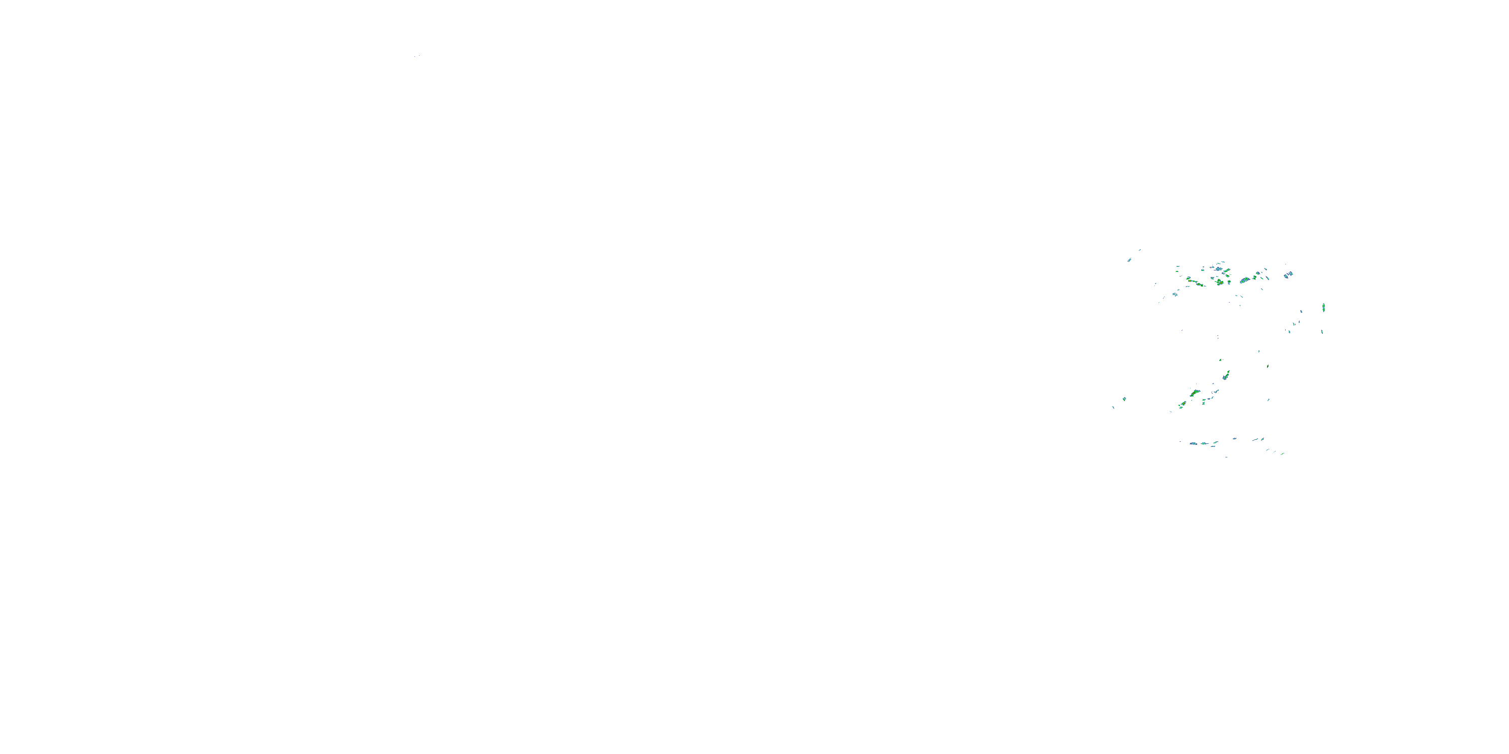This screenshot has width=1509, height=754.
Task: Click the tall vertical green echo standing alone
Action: pyautogui.click(x=1323, y=307)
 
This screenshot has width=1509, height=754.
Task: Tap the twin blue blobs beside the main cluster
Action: pyautogui.click(x=1288, y=274)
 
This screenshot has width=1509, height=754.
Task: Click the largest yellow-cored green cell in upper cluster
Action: pyautogui.click(x=1220, y=282)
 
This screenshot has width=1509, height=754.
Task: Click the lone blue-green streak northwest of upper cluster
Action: pyautogui.click(x=1129, y=259)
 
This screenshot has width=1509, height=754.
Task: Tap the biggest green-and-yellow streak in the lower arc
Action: pyautogui.click(x=1195, y=393)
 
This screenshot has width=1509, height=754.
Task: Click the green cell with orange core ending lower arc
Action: pyautogui.click(x=1182, y=404)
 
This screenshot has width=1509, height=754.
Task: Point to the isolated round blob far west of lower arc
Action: pyautogui.click(x=1124, y=399)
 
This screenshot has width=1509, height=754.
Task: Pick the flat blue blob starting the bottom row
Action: pyautogui.click(x=1193, y=444)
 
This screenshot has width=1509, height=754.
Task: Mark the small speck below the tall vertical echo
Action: pyautogui.click(x=1321, y=332)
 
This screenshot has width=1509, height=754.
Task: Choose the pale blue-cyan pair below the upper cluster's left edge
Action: pyautogui.click(x=1175, y=295)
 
